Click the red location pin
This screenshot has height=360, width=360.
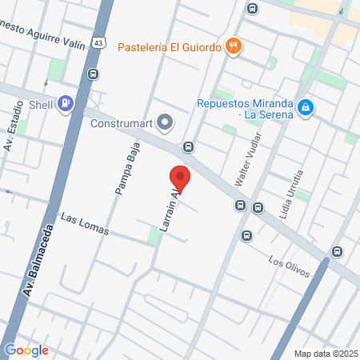point(180,178)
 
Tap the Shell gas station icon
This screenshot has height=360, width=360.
point(66,102)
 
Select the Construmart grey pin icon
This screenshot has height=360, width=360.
point(165,122)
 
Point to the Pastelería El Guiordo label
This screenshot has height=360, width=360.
point(170,46)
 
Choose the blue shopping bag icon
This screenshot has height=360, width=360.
point(305,107)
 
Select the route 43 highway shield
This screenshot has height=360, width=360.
point(97,42)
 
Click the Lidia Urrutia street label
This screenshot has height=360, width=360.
point(290,186)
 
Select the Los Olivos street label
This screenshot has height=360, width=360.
point(289,268)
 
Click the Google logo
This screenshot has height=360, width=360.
point(26,350)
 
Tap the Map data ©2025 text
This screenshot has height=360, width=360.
point(326,354)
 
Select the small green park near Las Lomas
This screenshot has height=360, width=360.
point(154,236)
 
